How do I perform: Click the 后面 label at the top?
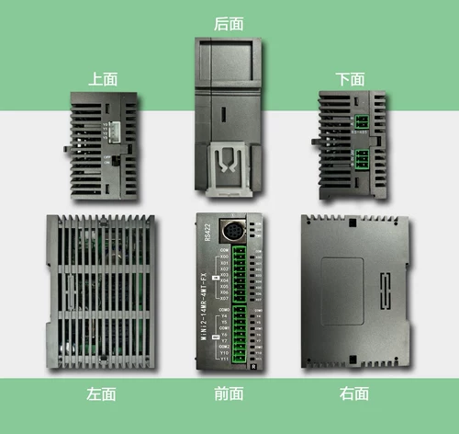229,23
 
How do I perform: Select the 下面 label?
350,79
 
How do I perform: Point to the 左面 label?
101,394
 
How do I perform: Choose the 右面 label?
353,394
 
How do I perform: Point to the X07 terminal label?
225,299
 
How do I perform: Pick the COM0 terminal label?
225,311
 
